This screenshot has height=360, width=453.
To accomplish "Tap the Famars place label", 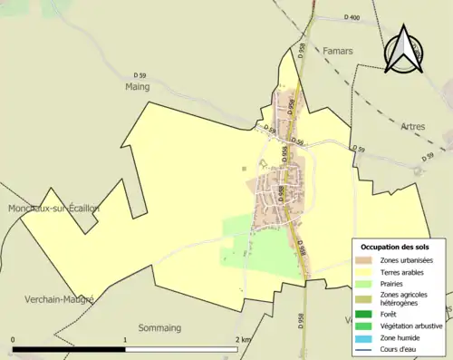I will [337, 52].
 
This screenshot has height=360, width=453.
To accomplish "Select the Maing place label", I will [136, 87].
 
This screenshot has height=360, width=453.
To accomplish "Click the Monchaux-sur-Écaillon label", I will [53, 209].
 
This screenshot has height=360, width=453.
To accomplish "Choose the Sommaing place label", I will [159, 326].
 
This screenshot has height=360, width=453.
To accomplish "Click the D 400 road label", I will [352, 18].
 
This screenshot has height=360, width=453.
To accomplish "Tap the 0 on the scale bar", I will [13, 339].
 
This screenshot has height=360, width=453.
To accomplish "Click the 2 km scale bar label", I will [242, 339].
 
